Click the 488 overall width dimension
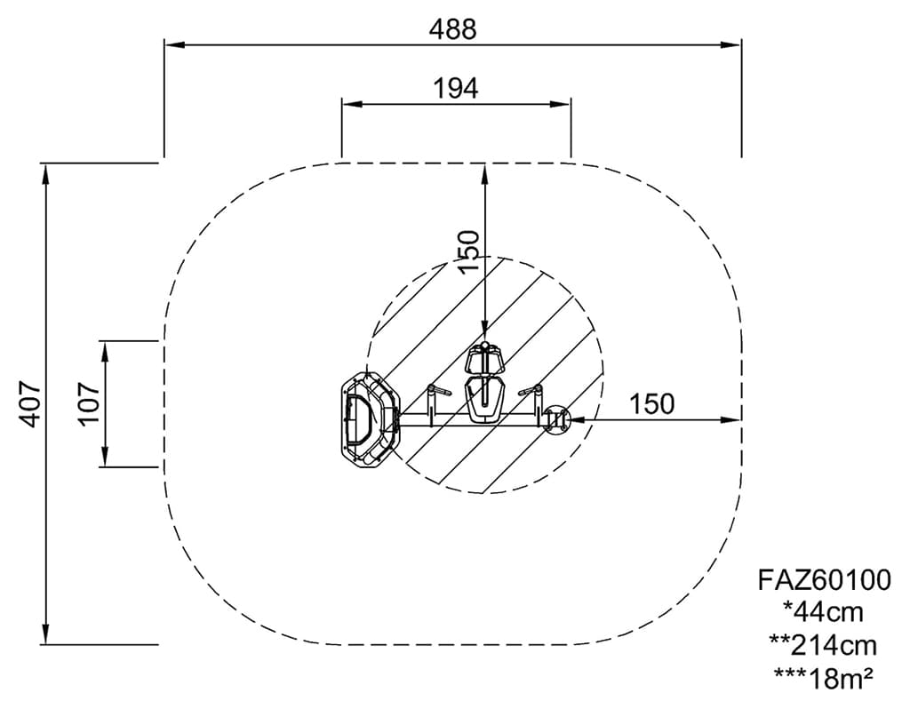452,29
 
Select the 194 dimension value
456,89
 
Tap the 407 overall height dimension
29,404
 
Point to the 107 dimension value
89,402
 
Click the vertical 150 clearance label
469,251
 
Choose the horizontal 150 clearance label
651,404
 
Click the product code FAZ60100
824,579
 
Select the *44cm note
824,611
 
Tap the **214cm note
824,645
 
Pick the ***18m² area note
824,678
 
